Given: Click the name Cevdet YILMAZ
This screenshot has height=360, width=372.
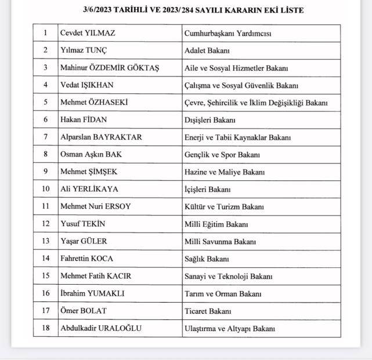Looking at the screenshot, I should tap(88, 33).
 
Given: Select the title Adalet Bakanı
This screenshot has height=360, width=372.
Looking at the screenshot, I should tap(207, 50).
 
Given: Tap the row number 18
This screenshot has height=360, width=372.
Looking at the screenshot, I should tap(45, 328).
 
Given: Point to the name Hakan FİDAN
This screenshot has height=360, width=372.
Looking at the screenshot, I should tap(84, 120).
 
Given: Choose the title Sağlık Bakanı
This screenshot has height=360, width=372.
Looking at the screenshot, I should tap(207, 259).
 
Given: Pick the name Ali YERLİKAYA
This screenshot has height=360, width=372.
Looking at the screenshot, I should tap(89, 190).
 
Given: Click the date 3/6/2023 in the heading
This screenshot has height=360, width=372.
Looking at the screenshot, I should tap(99, 10).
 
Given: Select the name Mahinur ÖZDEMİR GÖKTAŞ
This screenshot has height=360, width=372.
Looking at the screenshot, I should tap(110, 68).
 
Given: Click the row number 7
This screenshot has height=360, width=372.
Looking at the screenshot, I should tap(45, 137).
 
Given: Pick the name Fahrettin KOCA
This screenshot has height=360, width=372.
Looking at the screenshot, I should tap(86, 259).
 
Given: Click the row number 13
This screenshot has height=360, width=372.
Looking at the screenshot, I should tap(45, 242).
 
